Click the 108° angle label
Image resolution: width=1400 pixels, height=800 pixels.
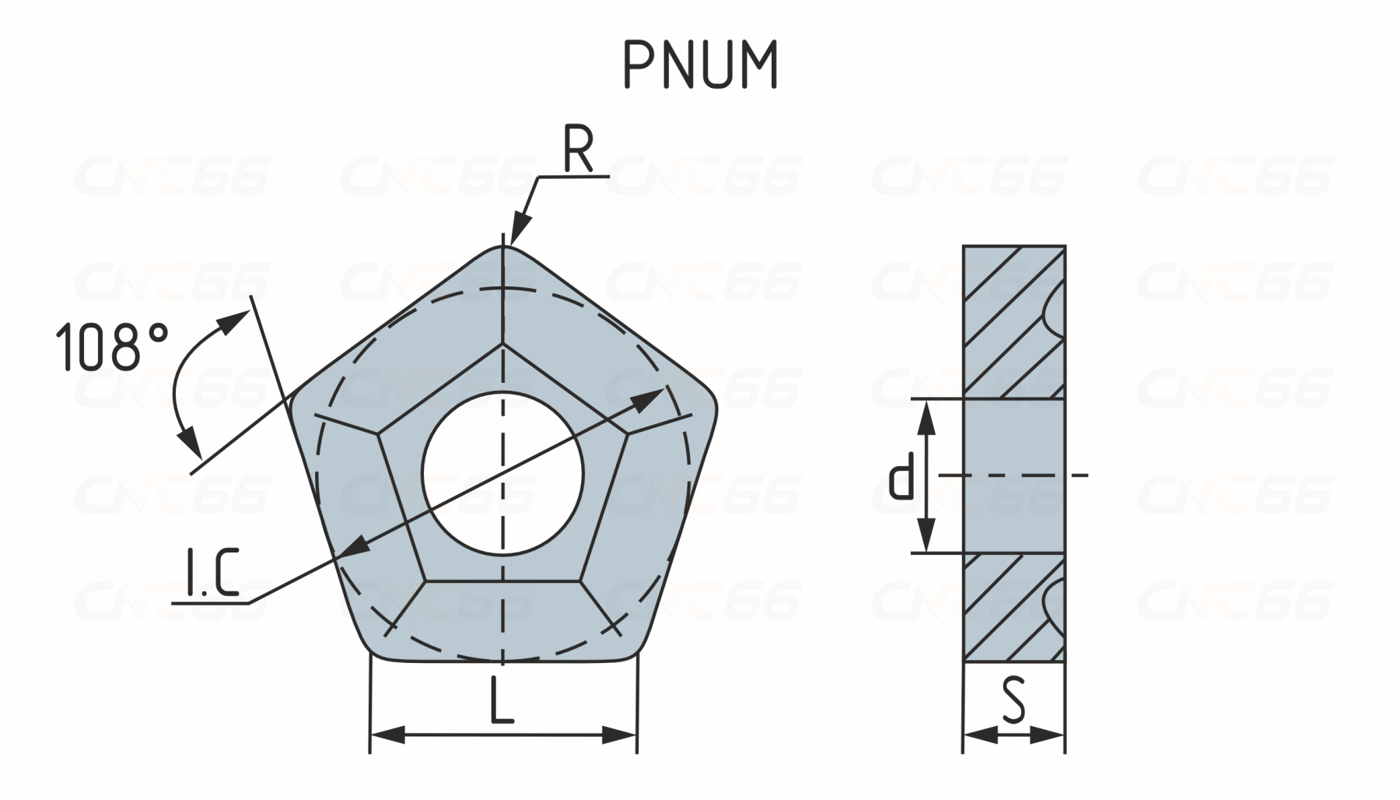[x=112, y=346]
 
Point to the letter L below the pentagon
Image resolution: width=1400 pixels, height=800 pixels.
[x=502, y=699]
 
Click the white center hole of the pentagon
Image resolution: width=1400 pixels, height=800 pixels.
[x=503, y=474]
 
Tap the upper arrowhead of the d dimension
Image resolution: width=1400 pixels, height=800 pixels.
[x=925, y=418]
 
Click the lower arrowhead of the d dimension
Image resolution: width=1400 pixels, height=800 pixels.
[x=925, y=535]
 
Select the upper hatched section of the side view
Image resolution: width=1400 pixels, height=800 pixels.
[x=1013, y=322]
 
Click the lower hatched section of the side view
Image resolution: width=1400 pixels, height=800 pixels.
[x=1013, y=608]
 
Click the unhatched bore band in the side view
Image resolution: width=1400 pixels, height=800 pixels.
[x=1014, y=476]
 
